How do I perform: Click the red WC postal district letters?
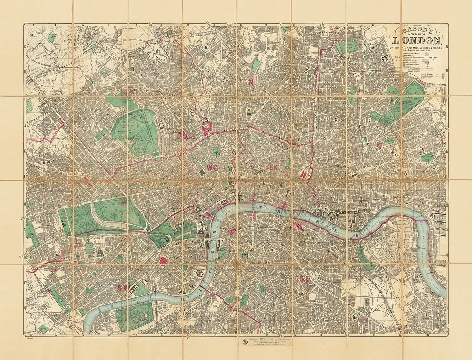[212, 168]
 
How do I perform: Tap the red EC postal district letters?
[274, 168]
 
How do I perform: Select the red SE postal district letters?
[304, 278]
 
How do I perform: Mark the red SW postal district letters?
[122, 287]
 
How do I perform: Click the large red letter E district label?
[379, 145]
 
